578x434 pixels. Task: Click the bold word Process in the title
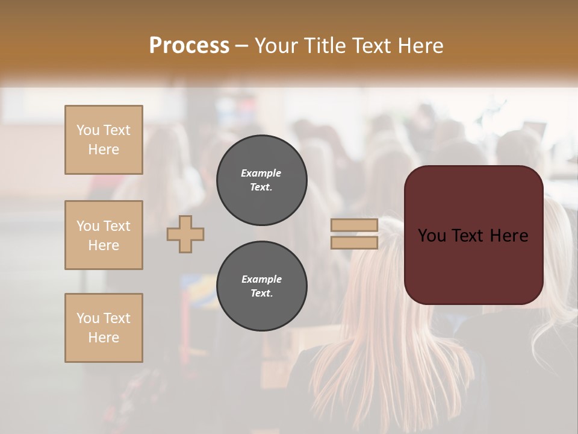(x=189, y=46)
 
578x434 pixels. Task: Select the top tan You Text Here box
(x=104, y=140)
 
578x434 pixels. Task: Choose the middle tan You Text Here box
(x=104, y=235)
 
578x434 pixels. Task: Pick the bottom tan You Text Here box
(x=104, y=328)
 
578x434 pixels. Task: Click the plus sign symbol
(x=185, y=234)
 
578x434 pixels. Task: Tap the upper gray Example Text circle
(x=261, y=180)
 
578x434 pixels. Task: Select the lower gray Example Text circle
(x=261, y=286)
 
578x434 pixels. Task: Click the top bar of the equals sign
(x=355, y=225)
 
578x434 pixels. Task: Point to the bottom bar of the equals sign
(x=355, y=242)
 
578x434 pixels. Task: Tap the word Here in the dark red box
(x=509, y=236)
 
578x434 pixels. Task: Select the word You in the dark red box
(x=432, y=236)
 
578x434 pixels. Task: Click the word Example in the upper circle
(x=261, y=173)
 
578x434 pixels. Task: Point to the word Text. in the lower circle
(x=261, y=294)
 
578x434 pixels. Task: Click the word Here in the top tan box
(x=104, y=149)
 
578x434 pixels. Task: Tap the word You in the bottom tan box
(x=88, y=318)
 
